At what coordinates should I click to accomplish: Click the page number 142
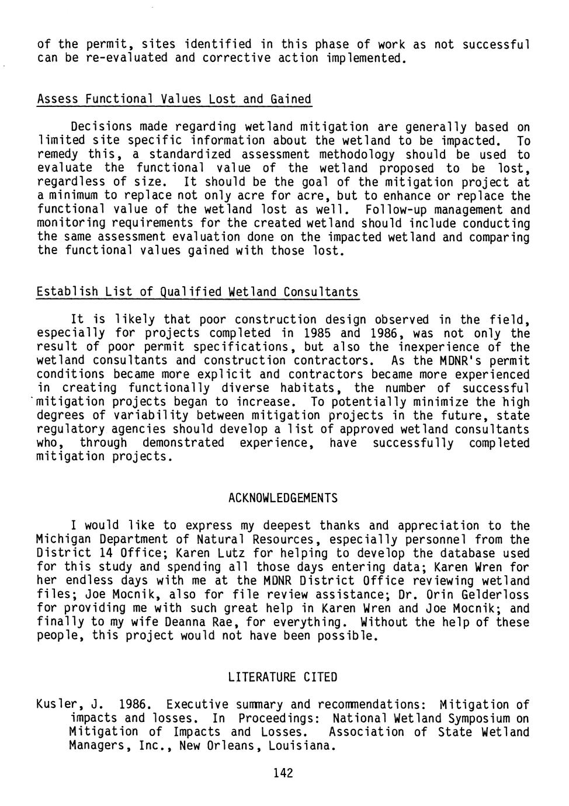[x=283, y=773]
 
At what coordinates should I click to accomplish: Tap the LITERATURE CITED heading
[x=283, y=678]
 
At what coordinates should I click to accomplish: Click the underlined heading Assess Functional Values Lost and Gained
[x=174, y=99]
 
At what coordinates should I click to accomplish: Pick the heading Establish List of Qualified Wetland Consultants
[x=197, y=291]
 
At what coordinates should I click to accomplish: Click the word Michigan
[x=64, y=540]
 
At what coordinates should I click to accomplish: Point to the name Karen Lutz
[x=207, y=553]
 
